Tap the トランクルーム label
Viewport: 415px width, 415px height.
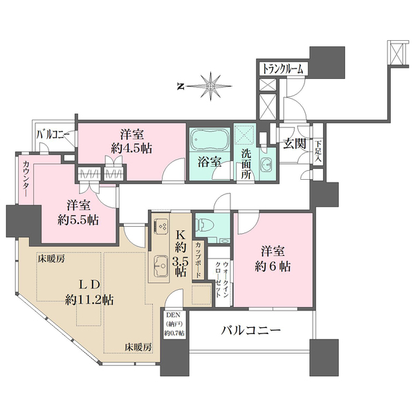click(283, 70)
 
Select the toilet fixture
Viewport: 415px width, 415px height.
click(207, 224)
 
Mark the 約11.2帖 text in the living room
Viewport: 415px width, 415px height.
click(90, 299)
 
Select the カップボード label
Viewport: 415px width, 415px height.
click(199, 259)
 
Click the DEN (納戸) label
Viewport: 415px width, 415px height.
click(173, 324)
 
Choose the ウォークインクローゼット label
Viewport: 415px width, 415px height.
click(221, 280)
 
